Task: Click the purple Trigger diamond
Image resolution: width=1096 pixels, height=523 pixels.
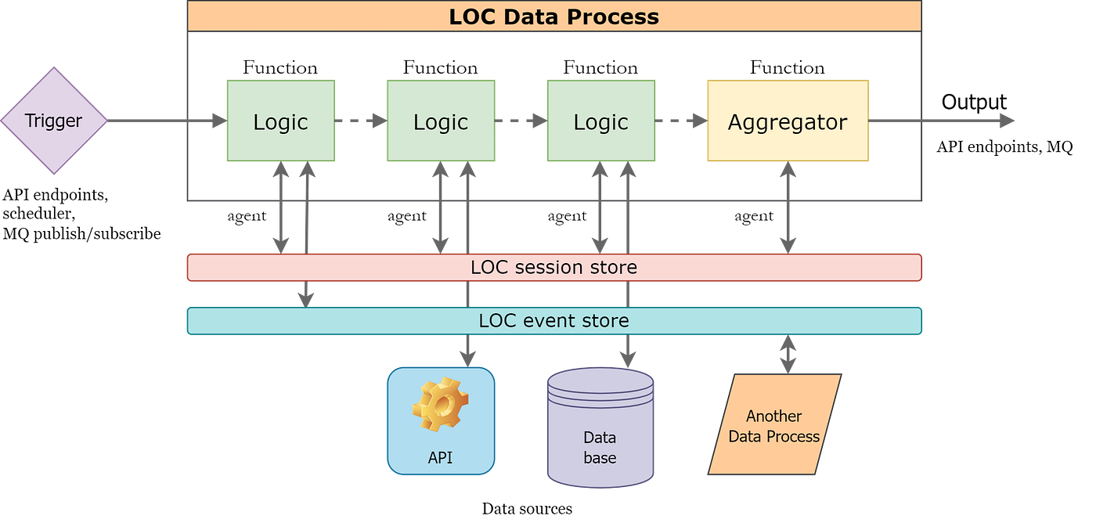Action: pyautogui.click(x=53, y=121)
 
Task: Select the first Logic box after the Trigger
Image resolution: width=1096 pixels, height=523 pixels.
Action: pyautogui.click(x=280, y=121)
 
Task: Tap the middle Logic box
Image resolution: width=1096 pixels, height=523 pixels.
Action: pyautogui.click(x=441, y=121)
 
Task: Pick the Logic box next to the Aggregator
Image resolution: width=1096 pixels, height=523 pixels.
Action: pyautogui.click(x=601, y=121)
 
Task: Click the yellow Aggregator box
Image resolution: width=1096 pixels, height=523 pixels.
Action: pyautogui.click(x=788, y=121)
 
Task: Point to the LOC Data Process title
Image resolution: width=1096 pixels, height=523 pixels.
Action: pyautogui.click(x=553, y=16)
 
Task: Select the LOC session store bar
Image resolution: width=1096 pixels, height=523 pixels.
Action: pyautogui.click(x=553, y=267)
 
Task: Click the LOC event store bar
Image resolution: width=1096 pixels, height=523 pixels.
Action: pyautogui.click(x=553, y=320)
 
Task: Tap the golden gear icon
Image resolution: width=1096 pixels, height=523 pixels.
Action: pyautogui.click(x=440, y=403)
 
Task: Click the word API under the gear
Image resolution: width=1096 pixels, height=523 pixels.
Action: pyautogui.click(x=440, y=458)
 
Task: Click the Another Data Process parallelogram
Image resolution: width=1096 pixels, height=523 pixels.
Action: pyautogui.click(x=773, y=425)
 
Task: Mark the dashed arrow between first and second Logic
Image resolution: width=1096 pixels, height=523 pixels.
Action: pyautogui.click(x=361, y=121)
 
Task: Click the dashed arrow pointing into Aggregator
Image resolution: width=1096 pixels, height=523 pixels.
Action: pyautogui.click(x=681, y=121)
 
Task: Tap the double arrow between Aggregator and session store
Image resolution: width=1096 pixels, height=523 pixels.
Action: pyautogui.click(x=788, y=207)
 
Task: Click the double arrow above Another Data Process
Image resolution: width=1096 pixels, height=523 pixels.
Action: pyautogui.click(x=788, y=354)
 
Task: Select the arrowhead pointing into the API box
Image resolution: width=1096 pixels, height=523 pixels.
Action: pyautogui.click(x=467, y=357)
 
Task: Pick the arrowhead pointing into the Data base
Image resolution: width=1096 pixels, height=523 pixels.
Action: pyautogui.click(x=627, y=358)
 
